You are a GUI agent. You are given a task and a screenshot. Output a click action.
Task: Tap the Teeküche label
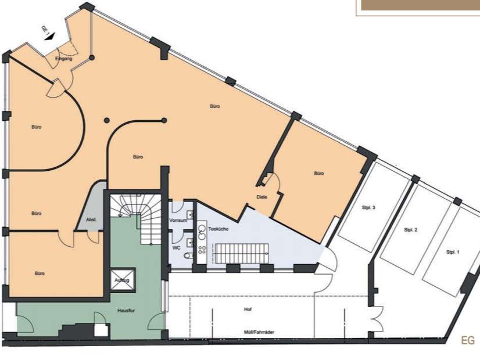(x=218, y=229)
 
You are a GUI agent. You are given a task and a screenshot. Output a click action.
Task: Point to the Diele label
(x=262, y=196)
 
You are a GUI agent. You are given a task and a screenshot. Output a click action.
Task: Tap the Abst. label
(x=91, y=219)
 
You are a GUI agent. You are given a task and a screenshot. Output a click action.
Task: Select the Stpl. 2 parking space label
(x=411, y=230)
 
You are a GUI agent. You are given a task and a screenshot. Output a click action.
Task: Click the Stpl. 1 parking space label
(x=453, y=252)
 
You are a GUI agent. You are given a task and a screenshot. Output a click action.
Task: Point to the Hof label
(x=248, y=309)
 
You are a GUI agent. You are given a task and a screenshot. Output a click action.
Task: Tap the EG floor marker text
(x=468, y=341)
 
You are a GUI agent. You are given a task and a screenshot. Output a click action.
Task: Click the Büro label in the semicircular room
(x=36, y=126)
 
